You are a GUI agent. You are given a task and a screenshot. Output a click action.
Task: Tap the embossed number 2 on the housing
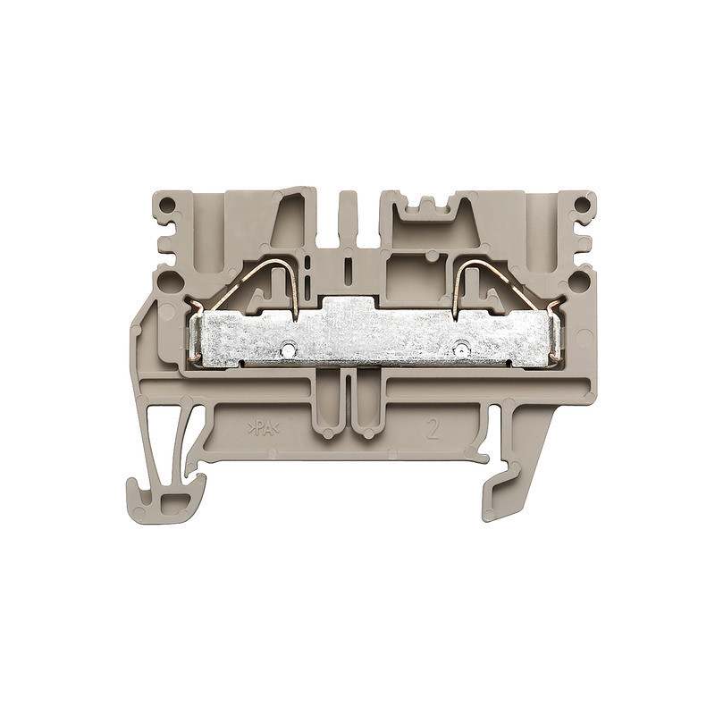tap(434, 427)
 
